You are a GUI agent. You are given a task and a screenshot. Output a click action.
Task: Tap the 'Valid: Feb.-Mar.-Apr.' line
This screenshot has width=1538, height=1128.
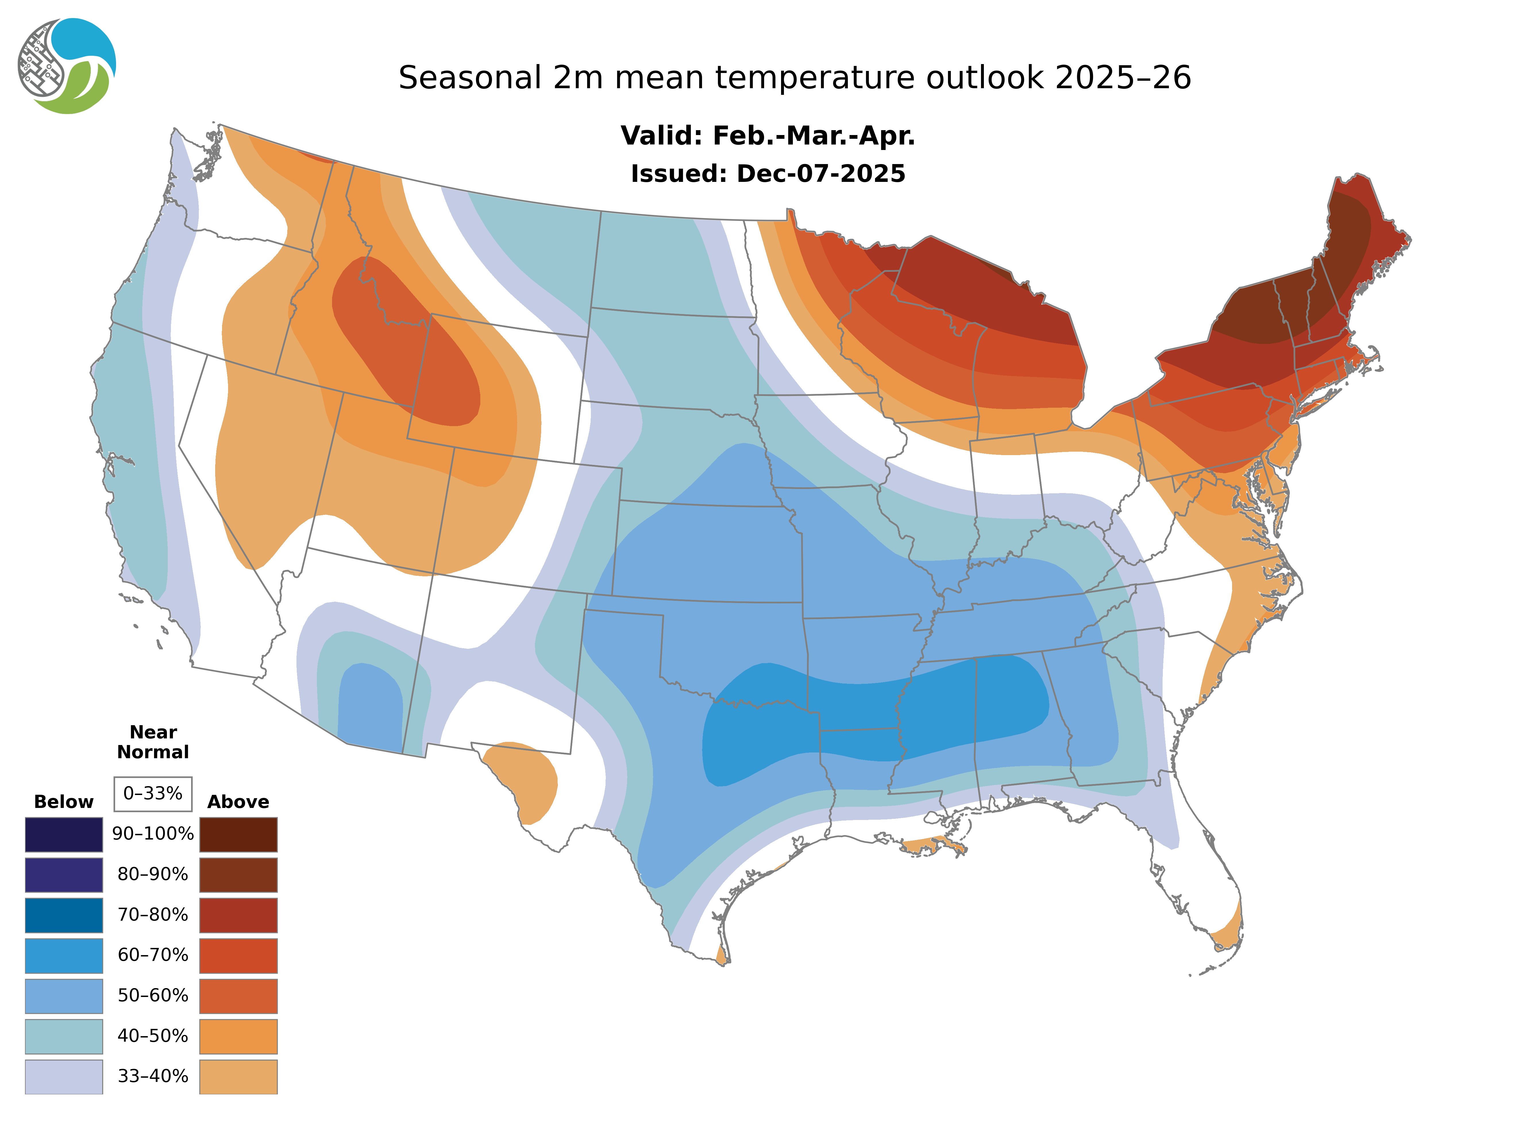(x=767, y=136)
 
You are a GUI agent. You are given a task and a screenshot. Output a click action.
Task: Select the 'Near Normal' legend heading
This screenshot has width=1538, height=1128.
(x=153, y=742)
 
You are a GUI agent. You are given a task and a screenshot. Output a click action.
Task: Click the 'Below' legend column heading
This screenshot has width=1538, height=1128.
(x=63, y=802)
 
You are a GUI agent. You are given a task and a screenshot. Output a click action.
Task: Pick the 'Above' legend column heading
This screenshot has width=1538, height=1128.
(x=238, y=802)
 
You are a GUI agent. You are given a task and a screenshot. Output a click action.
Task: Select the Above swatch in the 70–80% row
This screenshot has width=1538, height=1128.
(x=238, y=915)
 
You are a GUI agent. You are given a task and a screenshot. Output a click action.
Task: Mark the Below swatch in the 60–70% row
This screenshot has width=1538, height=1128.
(x=63, y=955)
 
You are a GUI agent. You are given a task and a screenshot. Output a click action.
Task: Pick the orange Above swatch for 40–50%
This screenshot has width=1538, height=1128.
(x=238, y=1036)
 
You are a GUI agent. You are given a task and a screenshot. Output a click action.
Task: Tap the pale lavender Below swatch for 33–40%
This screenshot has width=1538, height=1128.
(x=63, y=1076)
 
